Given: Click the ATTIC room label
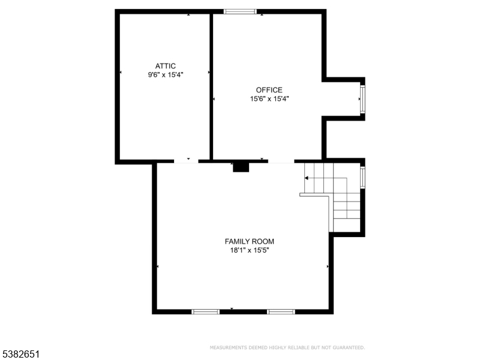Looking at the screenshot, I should [x=165, y=66].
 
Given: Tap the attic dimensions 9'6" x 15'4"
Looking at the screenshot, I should [x=165, y=75].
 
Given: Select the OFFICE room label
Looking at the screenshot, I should [x=269, y=90].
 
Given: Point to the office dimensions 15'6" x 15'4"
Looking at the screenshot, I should [x=269, y=99].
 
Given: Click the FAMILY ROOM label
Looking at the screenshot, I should [x=249, y=241].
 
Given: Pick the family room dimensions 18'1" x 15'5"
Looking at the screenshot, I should [x=249, y=250].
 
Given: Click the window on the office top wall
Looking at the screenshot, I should [x=240, y=11].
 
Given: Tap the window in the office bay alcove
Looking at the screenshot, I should [x=362, y=99].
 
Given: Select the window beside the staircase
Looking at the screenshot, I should [x=362, y=177].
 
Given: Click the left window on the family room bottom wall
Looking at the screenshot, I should [x=205, y=311].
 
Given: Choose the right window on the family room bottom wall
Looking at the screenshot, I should [x=281, y=311].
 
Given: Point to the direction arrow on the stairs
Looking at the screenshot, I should [x=307, y=178].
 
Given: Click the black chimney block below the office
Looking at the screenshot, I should [x=241, y=166].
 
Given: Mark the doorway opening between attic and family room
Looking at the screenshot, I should [x=186, y=161].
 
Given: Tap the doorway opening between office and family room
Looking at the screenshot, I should [x=281, y=161].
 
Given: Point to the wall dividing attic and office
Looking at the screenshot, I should [x=211, y=87].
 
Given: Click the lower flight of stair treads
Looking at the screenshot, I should [x=346, y=210].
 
